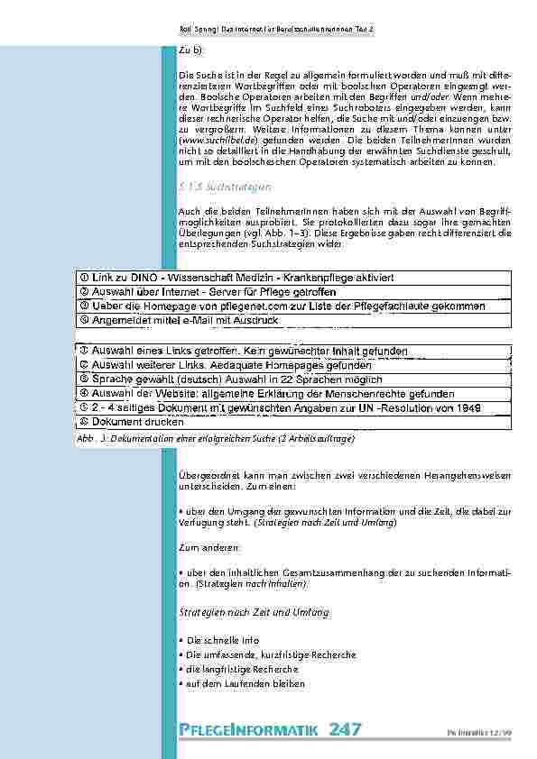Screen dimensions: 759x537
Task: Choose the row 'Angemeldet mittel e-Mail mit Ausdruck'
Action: click(181, 320)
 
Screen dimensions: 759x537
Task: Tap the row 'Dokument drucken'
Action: click(125, 422)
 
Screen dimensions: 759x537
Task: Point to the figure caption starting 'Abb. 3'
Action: click(217, 438)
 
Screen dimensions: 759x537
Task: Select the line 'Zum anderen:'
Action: click(209, 547)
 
